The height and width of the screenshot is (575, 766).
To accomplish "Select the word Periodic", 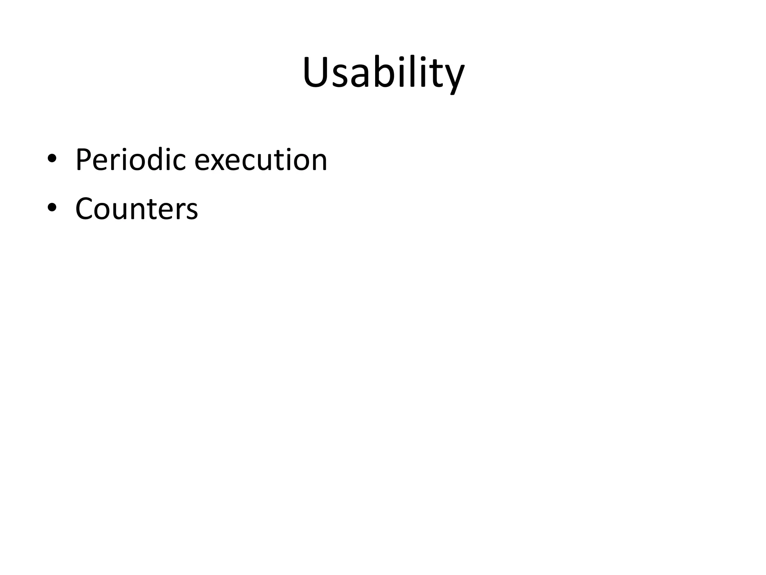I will (x=131, y=160).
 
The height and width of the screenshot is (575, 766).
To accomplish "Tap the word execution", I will (x=261, y=160).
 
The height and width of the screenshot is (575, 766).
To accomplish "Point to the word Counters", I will (x=137, y=209).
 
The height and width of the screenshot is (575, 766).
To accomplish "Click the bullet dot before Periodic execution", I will (x=52, y=158).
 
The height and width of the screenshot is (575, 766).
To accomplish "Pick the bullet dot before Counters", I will (x=52, y=207).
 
